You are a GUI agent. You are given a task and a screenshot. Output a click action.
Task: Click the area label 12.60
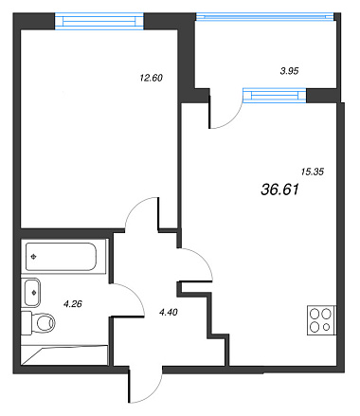coord(151,78)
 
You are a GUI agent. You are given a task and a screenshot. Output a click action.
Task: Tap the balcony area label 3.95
coord(289,71)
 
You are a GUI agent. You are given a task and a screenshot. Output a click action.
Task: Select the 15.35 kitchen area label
coord(313,172)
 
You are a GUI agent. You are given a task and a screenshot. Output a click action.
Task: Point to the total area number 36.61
coord(280,190)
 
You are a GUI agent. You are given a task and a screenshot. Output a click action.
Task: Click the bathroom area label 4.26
coord(73,304)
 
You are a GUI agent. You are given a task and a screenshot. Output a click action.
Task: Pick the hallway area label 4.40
coord(169,313)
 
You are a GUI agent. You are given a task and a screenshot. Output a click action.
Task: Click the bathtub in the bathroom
coord(61,257)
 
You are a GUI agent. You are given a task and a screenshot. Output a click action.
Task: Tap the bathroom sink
coord(32,292)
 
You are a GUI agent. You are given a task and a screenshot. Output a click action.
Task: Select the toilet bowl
coord(39,323)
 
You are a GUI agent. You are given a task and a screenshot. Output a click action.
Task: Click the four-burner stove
coord(321,320)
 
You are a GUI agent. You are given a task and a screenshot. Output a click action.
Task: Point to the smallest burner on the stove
coord(327,327)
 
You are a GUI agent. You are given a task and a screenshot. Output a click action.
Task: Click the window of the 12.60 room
coord(99,21)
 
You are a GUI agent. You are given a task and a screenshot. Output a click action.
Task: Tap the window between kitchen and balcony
coord(275,95)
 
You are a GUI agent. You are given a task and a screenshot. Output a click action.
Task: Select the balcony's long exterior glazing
coord(264,16)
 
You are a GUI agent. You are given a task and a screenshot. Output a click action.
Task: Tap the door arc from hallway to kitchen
coord(202,258)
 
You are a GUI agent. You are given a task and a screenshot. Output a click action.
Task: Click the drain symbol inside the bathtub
coord(34,257)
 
